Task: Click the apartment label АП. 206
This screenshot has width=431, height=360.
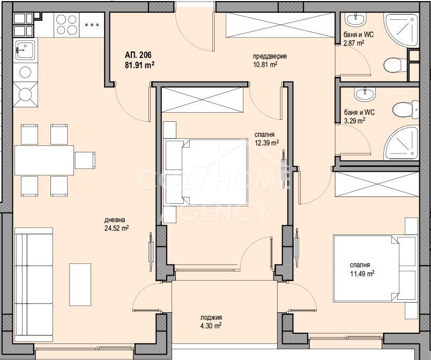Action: (x=138, y=55)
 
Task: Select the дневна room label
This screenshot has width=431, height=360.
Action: (x=115, y=220)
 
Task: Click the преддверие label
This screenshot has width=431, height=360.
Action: (x=270, y=56)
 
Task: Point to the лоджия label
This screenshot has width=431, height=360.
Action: (x=211, y=318)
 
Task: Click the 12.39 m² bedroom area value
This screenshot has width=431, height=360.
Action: (x=266, y=143)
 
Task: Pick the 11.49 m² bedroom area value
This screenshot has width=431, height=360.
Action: (x=362, y=274)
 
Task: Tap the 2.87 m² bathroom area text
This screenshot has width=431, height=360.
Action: (x=354, y=43)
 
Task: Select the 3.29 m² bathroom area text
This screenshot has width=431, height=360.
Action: (x=354, y=121)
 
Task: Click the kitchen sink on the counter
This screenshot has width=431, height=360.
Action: (x=25, y=50)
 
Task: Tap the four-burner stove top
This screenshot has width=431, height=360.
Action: (x=66, y=25)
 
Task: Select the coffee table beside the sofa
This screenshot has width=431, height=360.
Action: (x=80, y=285)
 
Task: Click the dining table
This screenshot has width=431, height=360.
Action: (x=44, y=160)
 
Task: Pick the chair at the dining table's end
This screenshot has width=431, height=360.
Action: (x=85, y=160)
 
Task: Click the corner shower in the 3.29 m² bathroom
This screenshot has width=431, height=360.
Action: (x=402, y=143)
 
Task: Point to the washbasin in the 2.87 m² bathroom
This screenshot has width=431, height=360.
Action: (x=356, y=19)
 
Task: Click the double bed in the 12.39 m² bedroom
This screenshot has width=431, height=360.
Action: (x=206, y=172)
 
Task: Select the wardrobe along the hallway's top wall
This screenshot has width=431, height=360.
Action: (x=280, y=25)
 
